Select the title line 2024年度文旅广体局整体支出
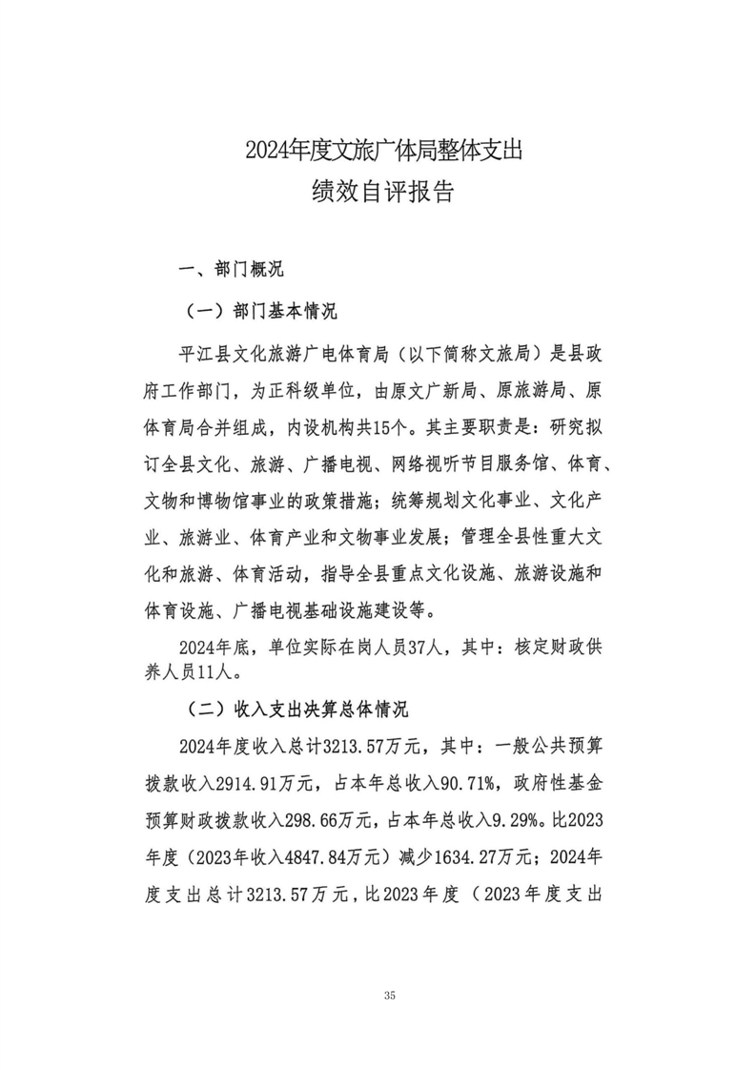384,151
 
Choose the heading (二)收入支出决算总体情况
295,710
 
